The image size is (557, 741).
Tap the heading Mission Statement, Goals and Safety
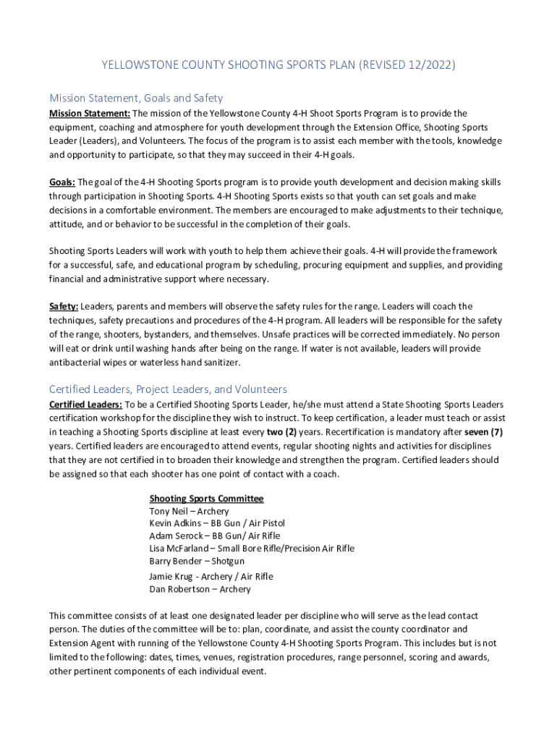[x=136, y=98]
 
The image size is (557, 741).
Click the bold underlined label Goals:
[x=62, y=182]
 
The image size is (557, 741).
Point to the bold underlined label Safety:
[x=64, y=307]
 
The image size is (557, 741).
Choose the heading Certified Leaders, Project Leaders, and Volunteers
[x=168, y=389]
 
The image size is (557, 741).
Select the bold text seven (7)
[x=483, y=432]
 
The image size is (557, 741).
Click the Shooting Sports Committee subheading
[x=206, y=499]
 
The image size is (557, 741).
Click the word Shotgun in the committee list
[x=228, y=561]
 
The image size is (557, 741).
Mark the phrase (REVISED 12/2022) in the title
[x=404, y=66]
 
